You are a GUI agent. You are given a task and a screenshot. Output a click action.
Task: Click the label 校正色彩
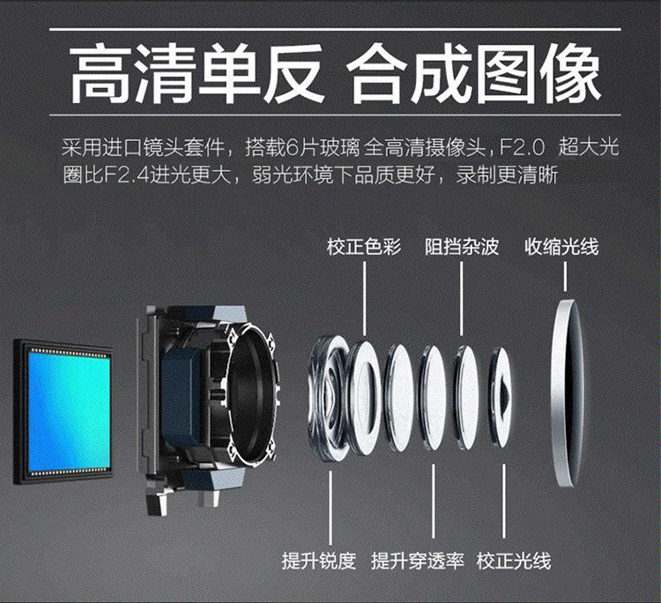coord(364,247)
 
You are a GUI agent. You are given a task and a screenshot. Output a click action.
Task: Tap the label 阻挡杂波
coord(462,247)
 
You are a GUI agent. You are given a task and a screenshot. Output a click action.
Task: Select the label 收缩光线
coord(561,247)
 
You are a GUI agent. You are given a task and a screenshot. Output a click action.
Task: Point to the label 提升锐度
coord(319,561)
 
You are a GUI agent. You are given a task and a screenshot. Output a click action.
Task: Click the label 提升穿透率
coord(418,561)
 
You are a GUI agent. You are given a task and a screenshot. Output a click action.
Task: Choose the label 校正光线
coord(514,561)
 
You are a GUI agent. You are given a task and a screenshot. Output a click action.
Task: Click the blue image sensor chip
coord(63,412)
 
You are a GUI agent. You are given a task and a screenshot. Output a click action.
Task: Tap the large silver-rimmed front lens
coord(567,393)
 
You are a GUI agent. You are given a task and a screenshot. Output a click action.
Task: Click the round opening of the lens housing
coord(251,393)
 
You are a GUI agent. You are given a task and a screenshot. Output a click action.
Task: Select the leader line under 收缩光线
coord(565,276)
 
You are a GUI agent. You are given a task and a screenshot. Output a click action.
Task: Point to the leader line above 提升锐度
coord(330,508)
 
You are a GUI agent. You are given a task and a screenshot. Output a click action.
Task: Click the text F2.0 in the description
coord(522,148)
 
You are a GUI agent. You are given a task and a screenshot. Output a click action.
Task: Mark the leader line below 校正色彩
coord(364,299)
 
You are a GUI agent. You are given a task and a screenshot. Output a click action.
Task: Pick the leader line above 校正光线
coord(503,502)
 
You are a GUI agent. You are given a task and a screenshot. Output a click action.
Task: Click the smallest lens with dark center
coord(501,397)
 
